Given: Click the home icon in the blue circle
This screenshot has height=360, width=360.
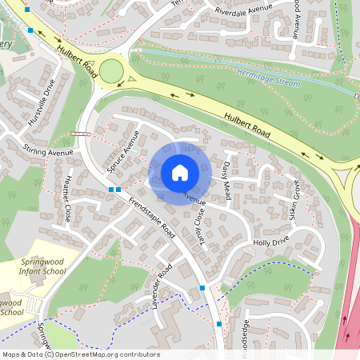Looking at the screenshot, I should tap(180, 173).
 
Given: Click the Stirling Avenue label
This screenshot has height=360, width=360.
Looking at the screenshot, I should tap(48, 151).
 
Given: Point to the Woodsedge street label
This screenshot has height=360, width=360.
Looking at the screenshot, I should tap(246, 334).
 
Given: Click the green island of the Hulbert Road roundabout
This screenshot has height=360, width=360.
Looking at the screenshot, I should tap(111, 70).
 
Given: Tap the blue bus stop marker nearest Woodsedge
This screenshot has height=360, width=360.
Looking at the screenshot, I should tap(219, 323).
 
